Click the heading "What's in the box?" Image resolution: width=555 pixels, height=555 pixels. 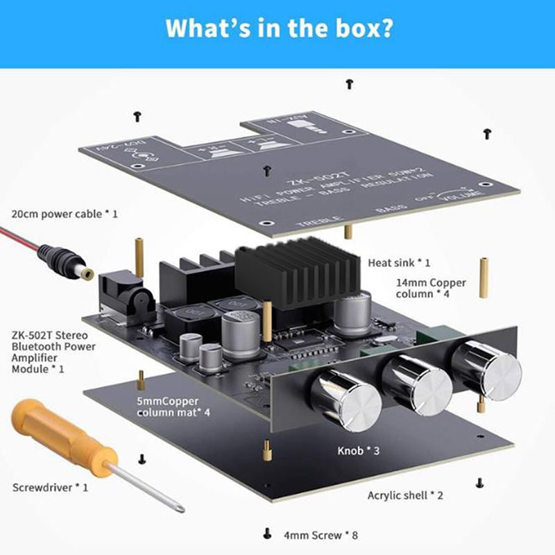tap(277, 30)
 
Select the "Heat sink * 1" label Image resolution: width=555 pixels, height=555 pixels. tap(399, 263)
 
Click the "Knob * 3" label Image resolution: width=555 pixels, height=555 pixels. tap(359, 451)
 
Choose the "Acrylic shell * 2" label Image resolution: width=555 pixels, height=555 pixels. tap(405, 495)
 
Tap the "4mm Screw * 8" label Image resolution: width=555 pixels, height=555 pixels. tap(320, 535)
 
